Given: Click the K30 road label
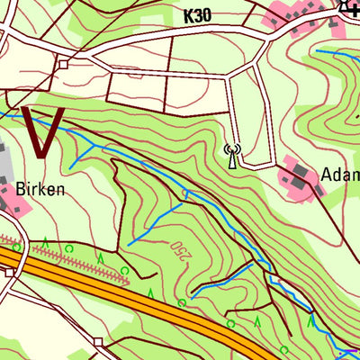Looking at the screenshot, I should (x=199, y=16).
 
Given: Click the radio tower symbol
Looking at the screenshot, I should (x=232, y=156).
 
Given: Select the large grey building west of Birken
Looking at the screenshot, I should (x=4, y=175).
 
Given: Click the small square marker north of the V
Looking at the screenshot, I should (x=63, y=65).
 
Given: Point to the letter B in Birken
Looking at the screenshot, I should (x=21, y=189).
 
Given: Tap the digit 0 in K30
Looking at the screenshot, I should (x=211, y=16).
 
